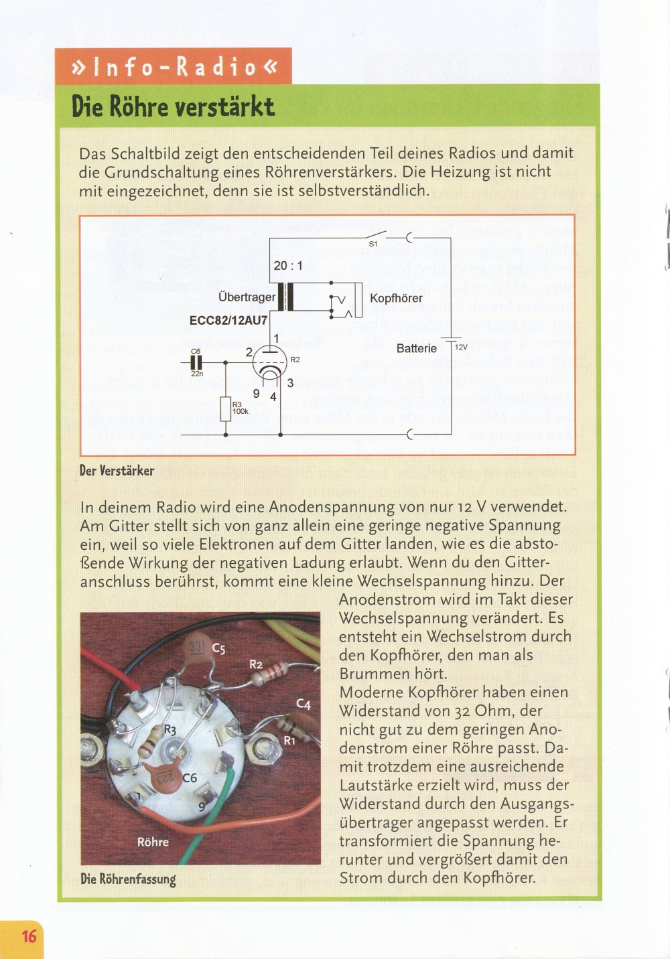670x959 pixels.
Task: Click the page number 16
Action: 29,935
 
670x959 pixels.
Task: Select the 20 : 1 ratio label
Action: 288,265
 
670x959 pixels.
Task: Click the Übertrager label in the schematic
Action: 247,297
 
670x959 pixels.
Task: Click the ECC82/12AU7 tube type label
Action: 228,320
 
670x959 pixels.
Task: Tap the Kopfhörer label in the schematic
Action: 396,298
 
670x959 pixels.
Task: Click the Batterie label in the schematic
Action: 416,348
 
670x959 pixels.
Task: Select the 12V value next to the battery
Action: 461,348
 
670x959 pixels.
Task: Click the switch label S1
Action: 373,244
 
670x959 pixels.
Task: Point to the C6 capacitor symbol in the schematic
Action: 196,362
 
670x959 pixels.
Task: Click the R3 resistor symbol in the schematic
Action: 226,409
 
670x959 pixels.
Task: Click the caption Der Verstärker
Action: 117,471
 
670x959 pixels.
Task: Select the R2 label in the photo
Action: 256,664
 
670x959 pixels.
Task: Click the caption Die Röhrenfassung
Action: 128,879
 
